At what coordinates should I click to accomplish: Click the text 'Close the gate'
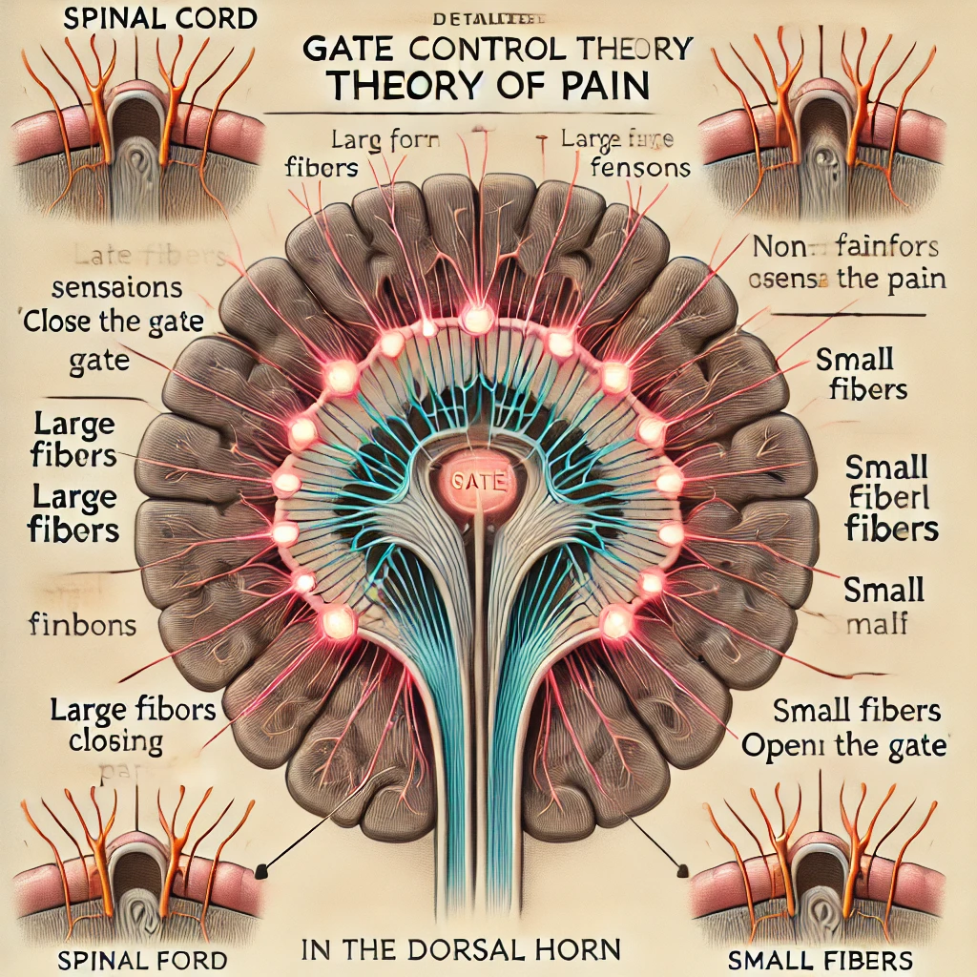pyautogui.click(x=114, y=322)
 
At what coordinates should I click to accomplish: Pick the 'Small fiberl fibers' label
pyautogui.click(x=893, y=499)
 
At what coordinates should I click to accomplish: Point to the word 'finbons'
pyautogui.click(x=82, y=626)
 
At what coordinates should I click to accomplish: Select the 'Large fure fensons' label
pyautogui.click(x=625, y=154)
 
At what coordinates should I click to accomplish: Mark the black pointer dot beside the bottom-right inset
pyautogui.click(x=683, y=867)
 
